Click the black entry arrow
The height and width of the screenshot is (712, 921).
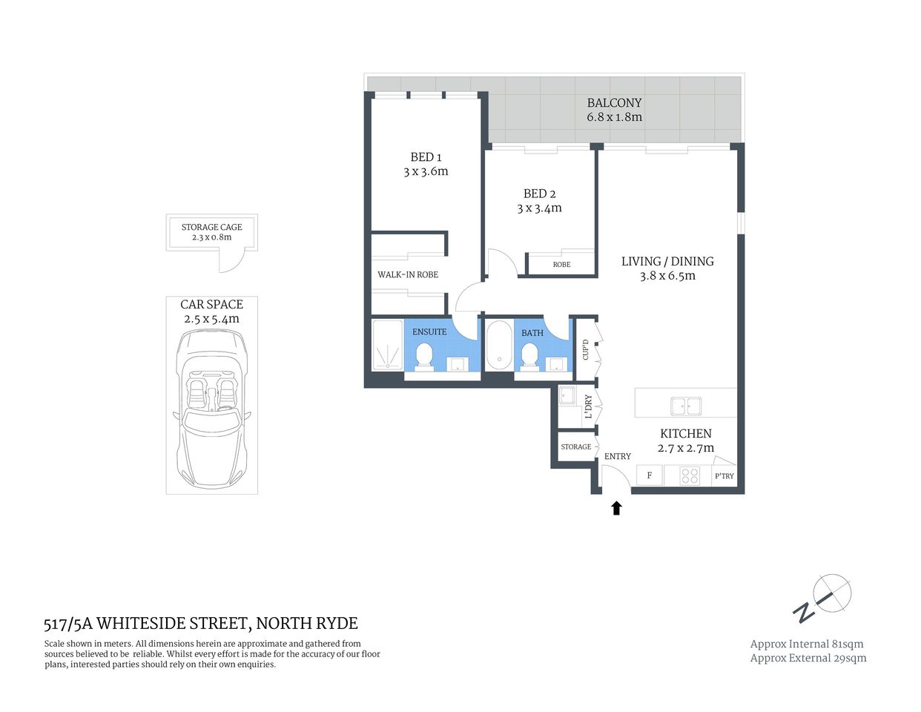615,508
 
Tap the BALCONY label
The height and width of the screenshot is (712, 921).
614,103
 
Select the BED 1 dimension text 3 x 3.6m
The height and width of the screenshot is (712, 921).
426,171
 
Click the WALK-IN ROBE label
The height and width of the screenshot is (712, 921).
408,274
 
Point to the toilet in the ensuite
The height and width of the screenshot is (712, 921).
424,355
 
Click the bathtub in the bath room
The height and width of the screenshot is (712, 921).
498,345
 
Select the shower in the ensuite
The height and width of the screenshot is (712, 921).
386,345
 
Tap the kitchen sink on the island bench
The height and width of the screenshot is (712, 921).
686,406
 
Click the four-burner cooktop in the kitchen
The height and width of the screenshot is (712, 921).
690,475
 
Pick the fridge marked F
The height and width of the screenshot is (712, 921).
650,475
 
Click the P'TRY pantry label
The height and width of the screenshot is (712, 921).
724,476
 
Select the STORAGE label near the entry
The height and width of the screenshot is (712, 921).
576,447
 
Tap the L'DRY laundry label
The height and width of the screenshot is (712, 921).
588,406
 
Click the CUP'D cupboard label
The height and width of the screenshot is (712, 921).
586,350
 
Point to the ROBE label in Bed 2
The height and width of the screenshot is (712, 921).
561,265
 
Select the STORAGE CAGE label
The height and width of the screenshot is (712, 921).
211,227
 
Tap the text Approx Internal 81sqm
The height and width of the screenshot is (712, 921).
807,644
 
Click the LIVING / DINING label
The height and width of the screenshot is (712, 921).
667,261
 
